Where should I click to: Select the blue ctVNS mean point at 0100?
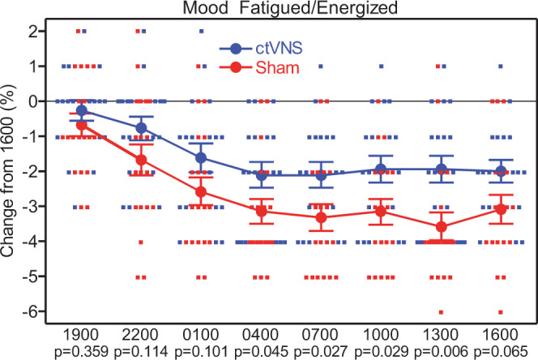200,157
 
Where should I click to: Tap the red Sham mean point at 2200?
140,160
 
